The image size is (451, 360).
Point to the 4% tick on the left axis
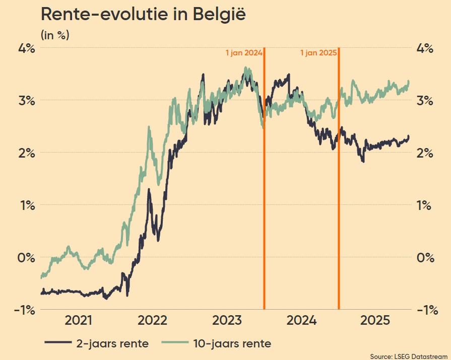27,48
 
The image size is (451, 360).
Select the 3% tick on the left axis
27,100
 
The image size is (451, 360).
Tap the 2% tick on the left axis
27,153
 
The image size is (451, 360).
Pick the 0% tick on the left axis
27,257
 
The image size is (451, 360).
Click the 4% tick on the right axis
425,48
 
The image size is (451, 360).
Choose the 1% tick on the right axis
425,205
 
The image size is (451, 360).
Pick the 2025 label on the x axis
375,321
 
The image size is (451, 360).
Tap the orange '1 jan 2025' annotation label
318,52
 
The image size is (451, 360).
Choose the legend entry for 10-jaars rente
217,344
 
